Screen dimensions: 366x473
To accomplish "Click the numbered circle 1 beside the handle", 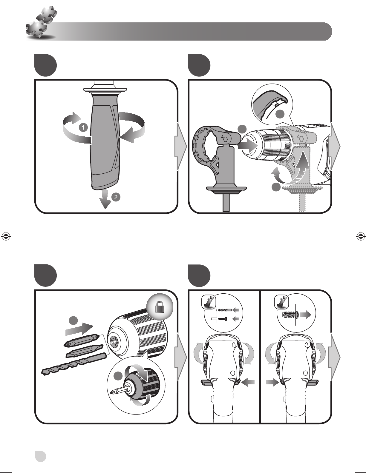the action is pyautogui.click(x=83, y=127).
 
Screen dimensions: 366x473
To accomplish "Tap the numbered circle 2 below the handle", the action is pyautogui.click(x=116, y=197).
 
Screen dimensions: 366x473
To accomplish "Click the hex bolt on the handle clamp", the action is pyautogui.click(x=226, y=138).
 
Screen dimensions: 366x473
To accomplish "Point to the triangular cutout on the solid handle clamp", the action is pyautogui.click(x=216, y=164).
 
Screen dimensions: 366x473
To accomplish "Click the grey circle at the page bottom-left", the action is pyautogui.click(x=41, y=456).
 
